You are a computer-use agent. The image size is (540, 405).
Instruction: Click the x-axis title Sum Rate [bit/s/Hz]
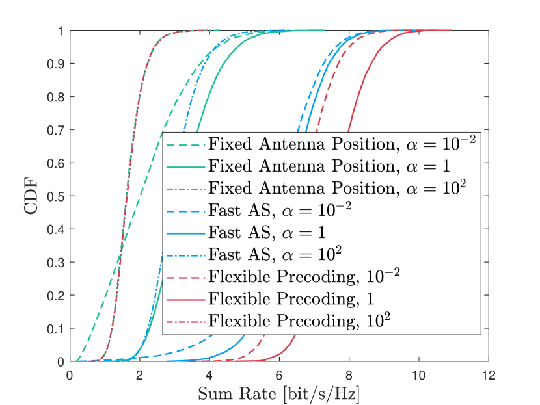coord(279,394)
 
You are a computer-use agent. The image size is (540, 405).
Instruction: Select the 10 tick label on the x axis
coord(419,376)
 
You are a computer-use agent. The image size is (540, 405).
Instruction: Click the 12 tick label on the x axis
coord(489,376)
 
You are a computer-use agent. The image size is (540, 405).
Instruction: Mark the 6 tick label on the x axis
coord(279,376)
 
